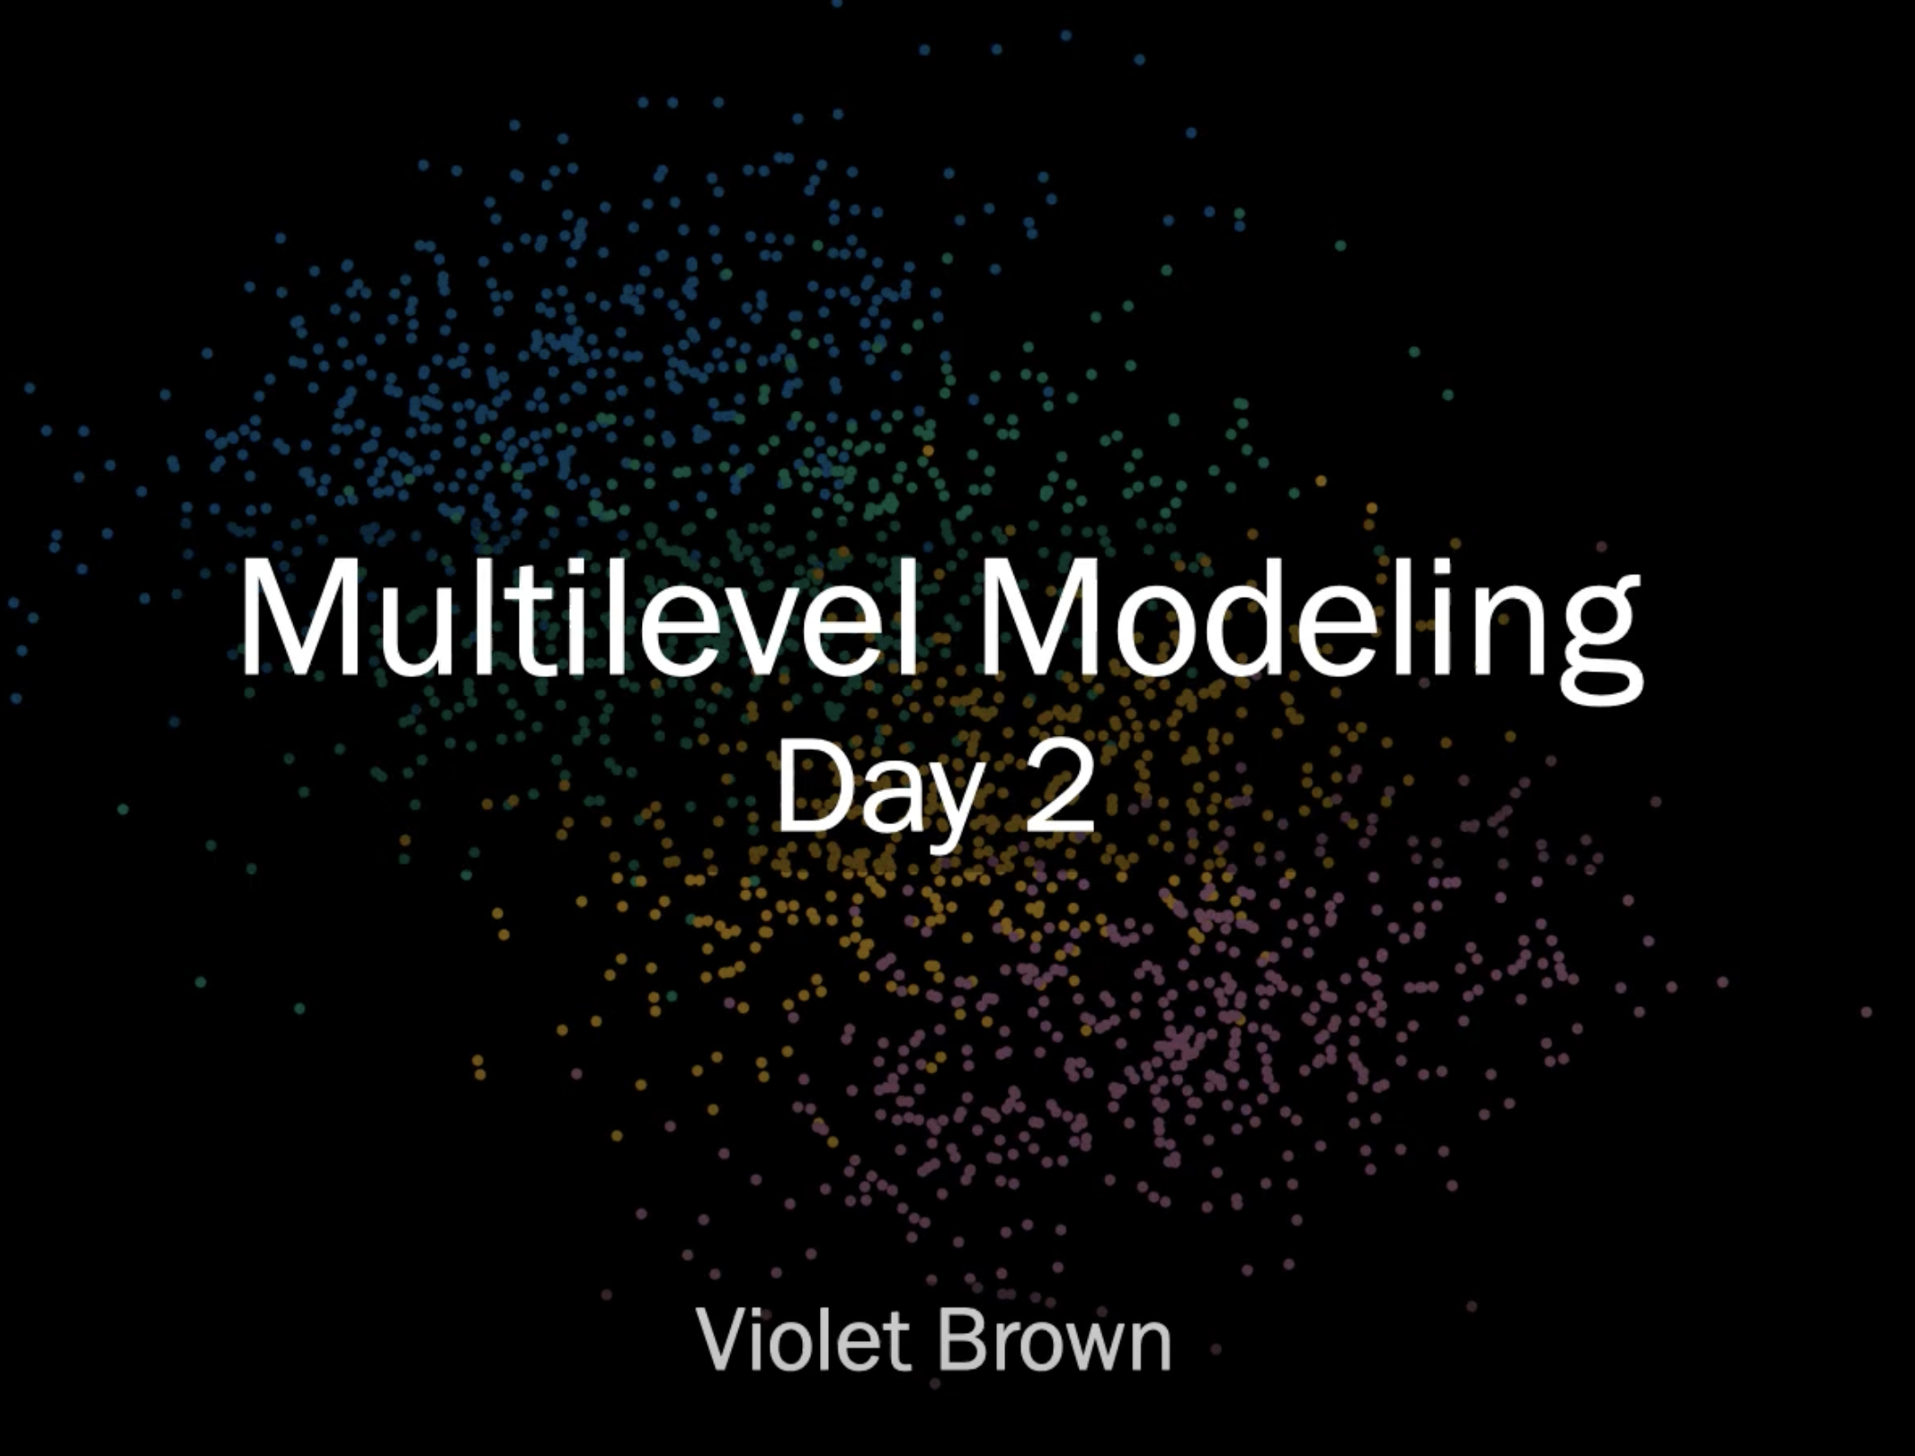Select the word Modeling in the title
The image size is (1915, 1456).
(1311, 629)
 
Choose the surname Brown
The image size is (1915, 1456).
(1055, 1339)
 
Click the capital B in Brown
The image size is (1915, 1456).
(961, 1340)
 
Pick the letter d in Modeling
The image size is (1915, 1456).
(1240, 617)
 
